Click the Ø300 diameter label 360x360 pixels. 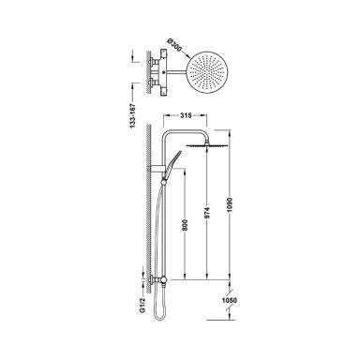174,46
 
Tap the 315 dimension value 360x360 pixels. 186,115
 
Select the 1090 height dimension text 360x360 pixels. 230,204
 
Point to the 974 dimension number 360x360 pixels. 208,213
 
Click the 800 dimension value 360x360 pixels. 185,225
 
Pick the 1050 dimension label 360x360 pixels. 230,301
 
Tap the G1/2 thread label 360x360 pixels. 143,305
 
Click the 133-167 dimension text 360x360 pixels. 133,115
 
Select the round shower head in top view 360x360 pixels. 208,72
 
